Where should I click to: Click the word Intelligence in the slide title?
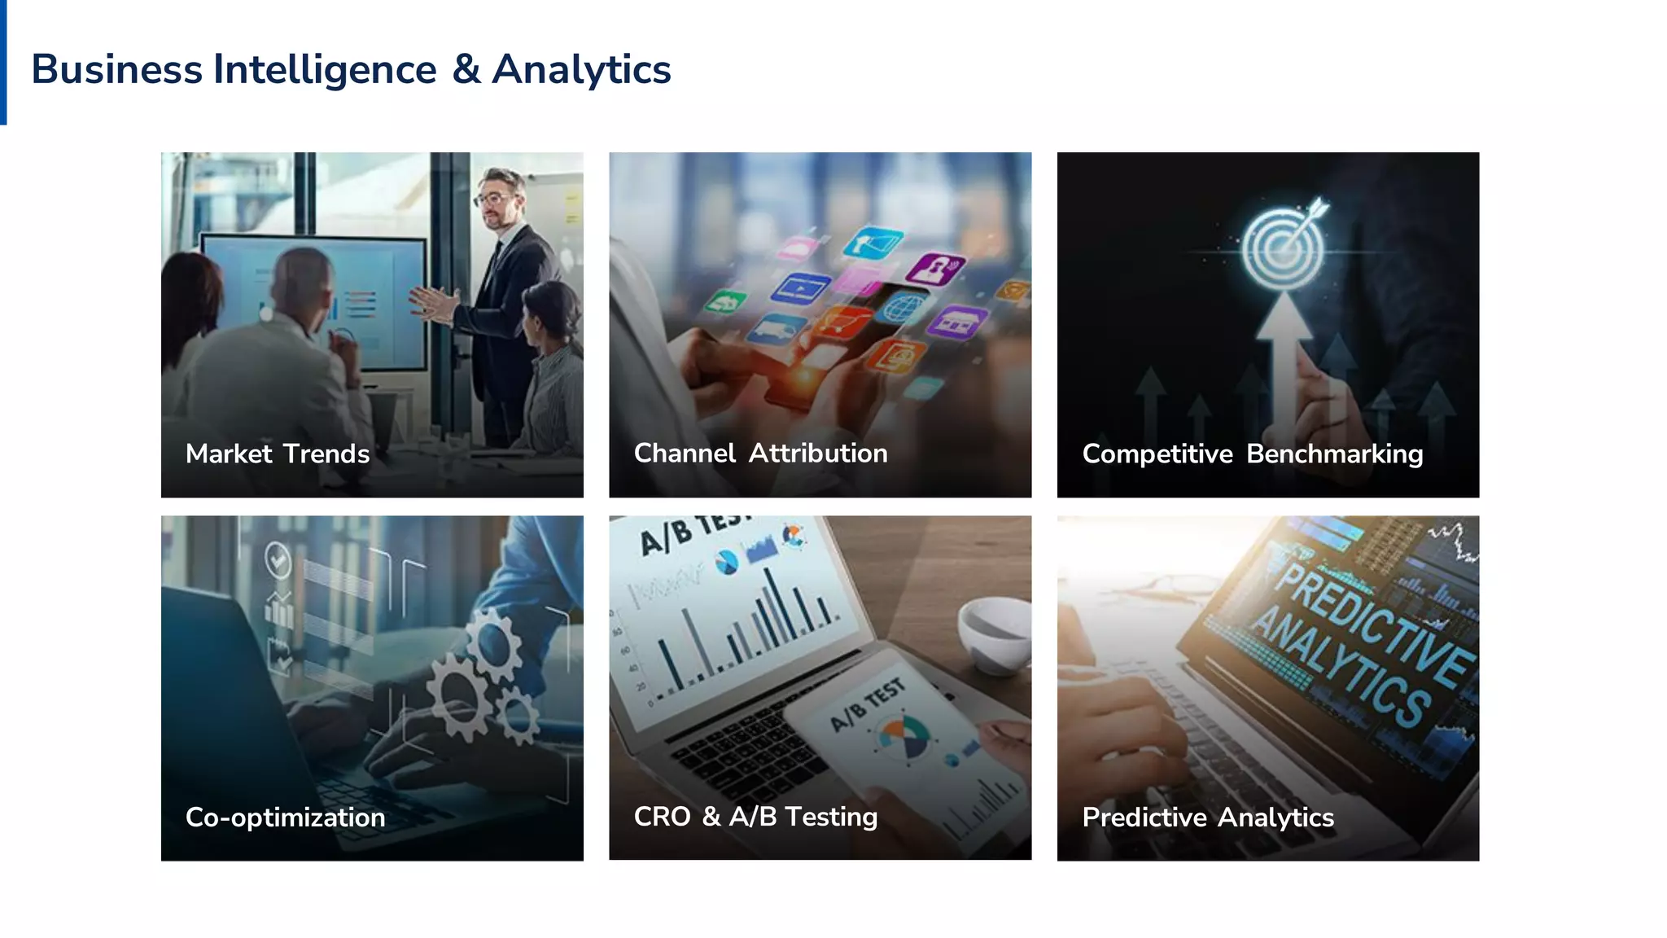pos(325,70)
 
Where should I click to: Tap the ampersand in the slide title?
pos(466,69)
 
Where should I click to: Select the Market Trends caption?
pos(278,454)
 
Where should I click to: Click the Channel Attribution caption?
pos(760,453)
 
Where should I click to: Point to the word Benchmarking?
pos(1334,454)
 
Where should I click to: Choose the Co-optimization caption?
pos(285,817)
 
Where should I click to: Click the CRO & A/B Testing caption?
pos(755,816)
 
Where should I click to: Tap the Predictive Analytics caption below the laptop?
pos(1207,817)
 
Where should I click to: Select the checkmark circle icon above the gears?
pos(278,560)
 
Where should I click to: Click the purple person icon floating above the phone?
pos(936,268)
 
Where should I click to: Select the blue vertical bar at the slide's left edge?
pos(3,62)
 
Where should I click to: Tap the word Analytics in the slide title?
pos(581,70)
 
